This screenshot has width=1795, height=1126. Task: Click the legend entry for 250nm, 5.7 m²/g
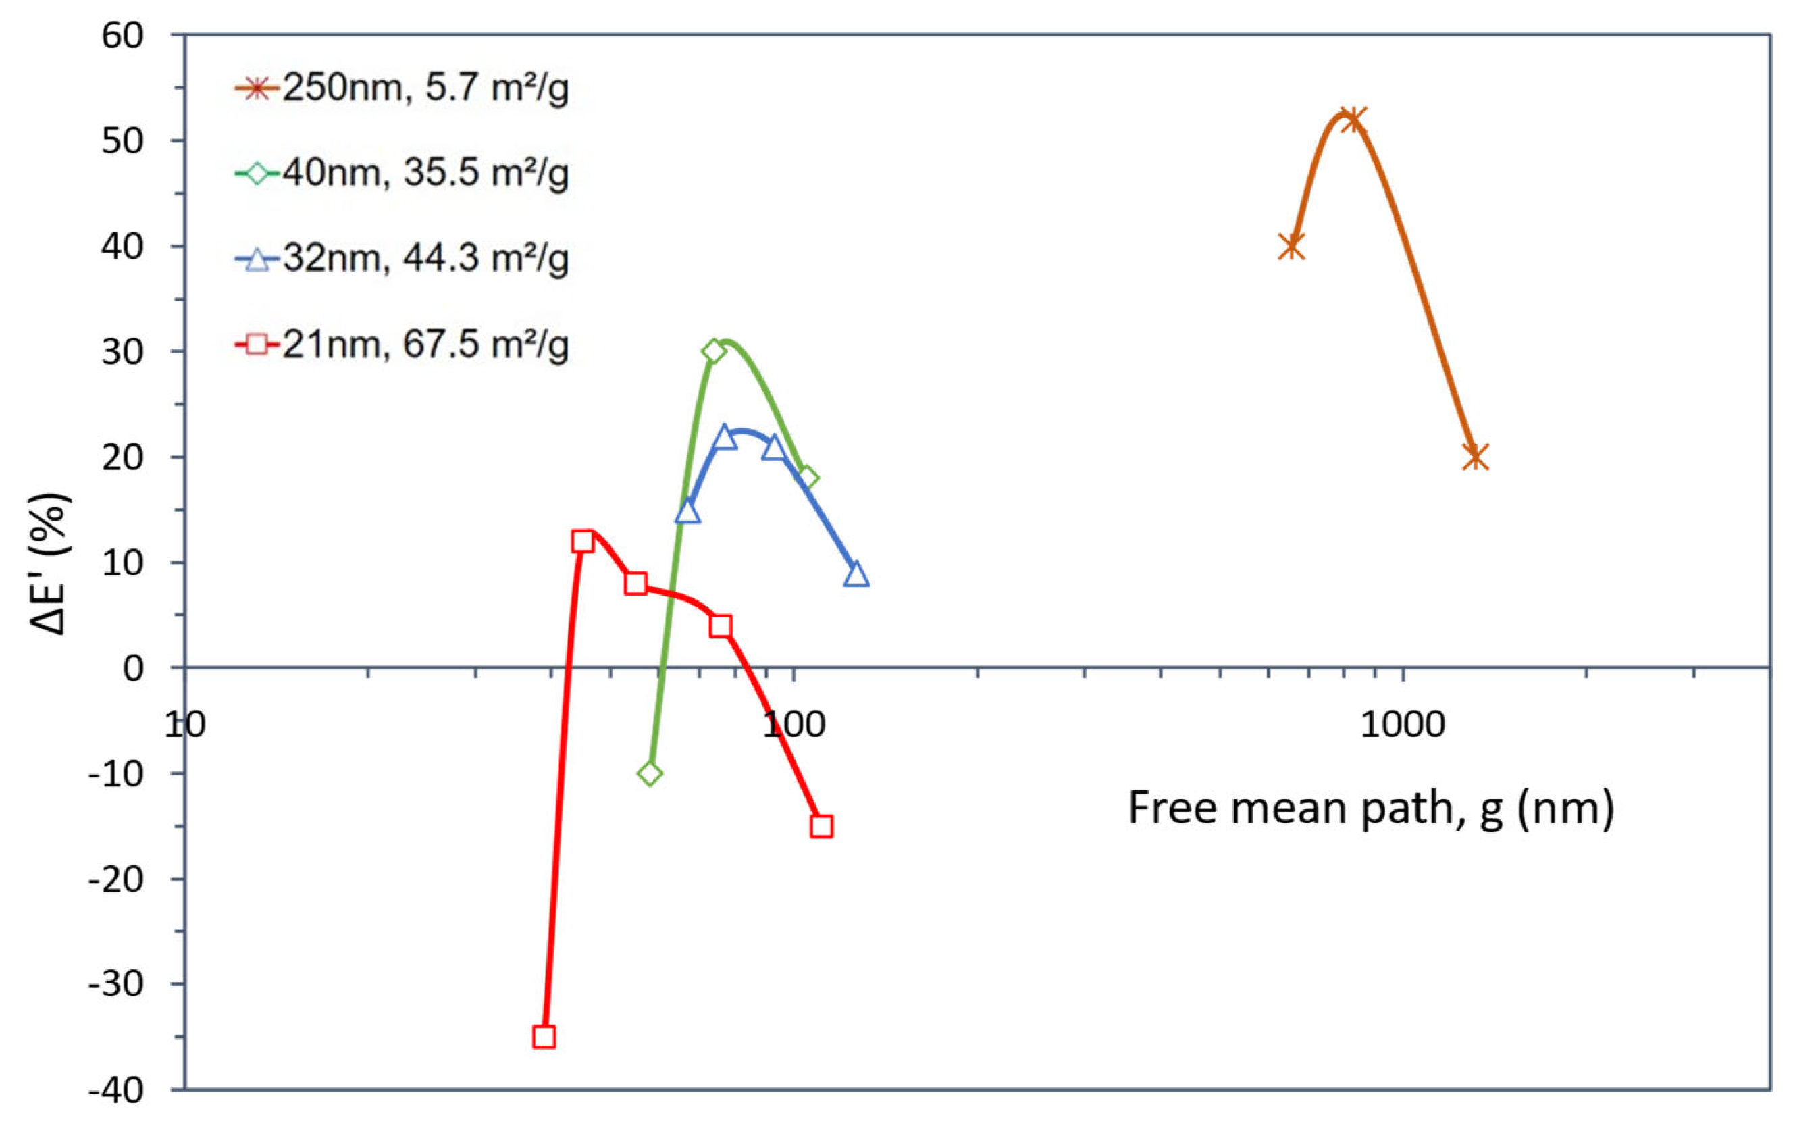402,88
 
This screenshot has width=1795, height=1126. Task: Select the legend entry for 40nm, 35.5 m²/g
402,174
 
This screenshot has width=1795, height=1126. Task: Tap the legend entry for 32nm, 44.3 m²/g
402,259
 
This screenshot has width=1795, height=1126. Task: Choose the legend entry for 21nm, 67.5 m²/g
402,344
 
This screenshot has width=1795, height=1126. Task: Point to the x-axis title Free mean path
1371,808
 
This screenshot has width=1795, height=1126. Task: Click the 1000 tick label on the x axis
1403,724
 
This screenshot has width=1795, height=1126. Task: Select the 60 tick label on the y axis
122,35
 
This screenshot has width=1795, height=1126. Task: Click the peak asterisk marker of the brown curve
1351,119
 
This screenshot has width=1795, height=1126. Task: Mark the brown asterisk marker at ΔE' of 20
1475,457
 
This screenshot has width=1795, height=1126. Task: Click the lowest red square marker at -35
544,1037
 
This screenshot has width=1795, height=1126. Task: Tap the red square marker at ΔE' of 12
582,542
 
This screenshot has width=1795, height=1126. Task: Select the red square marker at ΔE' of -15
821,826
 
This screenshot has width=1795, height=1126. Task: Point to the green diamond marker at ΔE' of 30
714,351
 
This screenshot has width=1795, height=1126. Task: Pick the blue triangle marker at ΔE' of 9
856,574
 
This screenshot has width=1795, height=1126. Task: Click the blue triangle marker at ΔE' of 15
687,511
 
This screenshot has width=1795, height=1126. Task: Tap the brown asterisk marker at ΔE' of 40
1292,246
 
